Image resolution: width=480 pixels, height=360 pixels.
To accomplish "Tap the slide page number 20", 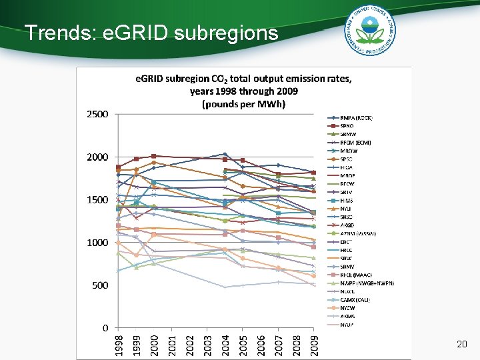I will [461, 344].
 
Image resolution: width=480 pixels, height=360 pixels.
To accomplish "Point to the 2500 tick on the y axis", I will [97, 115].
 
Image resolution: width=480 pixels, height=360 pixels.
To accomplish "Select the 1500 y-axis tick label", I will [97, 200].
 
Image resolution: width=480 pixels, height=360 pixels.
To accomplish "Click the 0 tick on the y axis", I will [105, 328].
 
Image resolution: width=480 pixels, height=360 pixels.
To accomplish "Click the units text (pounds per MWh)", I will [243, 104].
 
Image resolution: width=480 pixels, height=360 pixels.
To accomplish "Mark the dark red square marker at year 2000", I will [153, 156].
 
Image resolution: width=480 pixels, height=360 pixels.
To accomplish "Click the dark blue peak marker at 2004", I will [225, 154].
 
